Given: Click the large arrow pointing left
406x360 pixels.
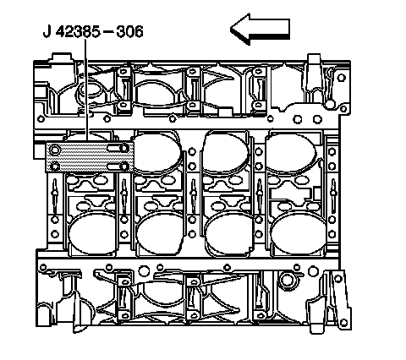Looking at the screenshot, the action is click(x=260, y=29).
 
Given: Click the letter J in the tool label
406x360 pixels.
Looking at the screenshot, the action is click(x=47, y=31).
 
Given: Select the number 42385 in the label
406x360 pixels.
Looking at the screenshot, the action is click(x=78, y=31).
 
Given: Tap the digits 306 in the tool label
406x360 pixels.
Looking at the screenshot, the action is click(x=129, y=31).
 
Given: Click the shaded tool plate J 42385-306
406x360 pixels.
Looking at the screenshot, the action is click(x=90, y=157).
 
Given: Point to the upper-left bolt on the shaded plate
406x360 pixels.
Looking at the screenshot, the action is click(x=55, y=150).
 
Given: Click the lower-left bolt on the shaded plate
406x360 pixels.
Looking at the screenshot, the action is click(x=55, y=166).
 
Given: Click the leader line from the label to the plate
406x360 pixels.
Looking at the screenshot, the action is click(x=86, y=90).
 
